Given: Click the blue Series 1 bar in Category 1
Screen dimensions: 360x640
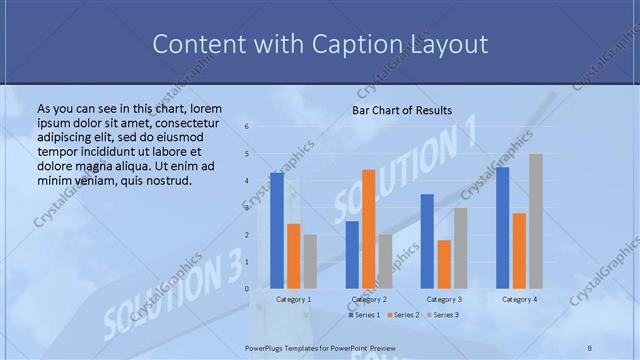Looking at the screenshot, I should [277, 231].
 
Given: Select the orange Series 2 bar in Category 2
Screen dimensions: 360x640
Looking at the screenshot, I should [368, 229].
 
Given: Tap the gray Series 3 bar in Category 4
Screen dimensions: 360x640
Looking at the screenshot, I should [536, 221].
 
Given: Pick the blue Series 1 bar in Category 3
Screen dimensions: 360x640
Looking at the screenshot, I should [427, 241].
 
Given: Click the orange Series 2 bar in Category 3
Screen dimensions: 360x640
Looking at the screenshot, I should [444, 264].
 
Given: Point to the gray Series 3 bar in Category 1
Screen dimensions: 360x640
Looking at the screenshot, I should [310, 262].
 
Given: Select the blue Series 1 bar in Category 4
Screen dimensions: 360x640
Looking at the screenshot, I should [502, 228].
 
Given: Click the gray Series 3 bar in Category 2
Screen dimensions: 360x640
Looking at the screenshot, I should [385, 262].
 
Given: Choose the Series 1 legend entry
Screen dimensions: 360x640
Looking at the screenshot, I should [362, 315].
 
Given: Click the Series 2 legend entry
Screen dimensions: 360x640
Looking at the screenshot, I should [403, 315].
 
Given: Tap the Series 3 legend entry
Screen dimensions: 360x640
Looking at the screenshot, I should [444, 315].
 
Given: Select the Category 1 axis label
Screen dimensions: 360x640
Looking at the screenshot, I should [293, 299].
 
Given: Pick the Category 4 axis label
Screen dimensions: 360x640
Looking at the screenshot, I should [519, 299].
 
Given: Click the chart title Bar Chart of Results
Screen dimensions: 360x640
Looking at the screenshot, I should [402, 110].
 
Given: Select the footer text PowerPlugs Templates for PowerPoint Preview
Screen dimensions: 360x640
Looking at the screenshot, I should [320, 347].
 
